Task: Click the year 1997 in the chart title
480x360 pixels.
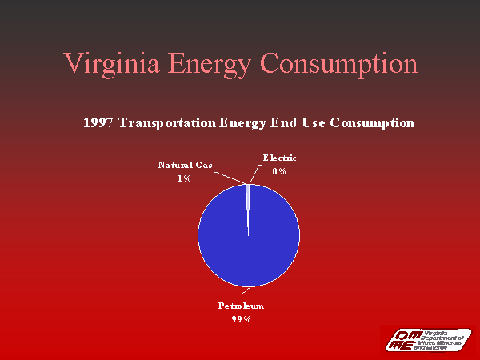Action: pos(98,123)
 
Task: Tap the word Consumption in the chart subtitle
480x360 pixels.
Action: pos(366,123)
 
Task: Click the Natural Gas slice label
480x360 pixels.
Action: pos(185,165)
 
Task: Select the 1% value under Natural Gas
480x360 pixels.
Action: pos(184,178)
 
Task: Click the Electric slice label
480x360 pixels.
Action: pos(279,158)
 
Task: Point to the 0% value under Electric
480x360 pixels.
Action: pos(279,172)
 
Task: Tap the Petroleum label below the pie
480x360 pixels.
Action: pos(242,306)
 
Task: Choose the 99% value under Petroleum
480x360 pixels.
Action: pos(242,319)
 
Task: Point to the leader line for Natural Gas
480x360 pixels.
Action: pos(230,177)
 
